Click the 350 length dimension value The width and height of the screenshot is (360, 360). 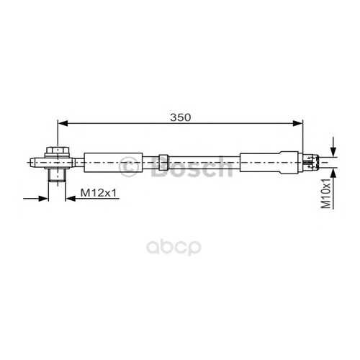(x=181, y=117)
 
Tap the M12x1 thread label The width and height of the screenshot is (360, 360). (x=99, y=193)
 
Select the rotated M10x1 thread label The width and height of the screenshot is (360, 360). (x=326, y=193)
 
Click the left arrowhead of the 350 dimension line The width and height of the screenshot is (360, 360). (x=63, y=123)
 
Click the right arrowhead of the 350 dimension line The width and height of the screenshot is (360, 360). (x=298, y=123)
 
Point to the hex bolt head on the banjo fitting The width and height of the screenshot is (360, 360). (x=58, y=151)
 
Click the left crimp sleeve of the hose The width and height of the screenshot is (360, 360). (x=113, y=163)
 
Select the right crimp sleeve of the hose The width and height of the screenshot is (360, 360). (x=269, y=162)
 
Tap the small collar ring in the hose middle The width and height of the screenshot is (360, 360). (x=163, y=163)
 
